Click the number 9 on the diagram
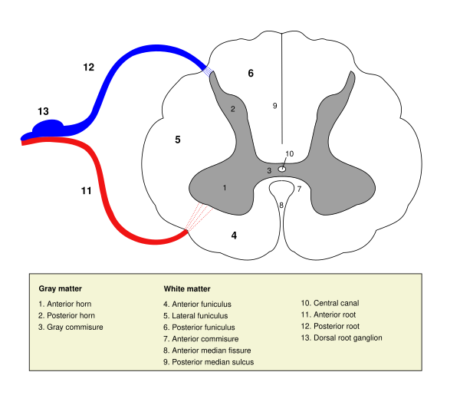point(274,106)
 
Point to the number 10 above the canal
point(289,153)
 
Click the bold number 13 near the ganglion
point(43,111)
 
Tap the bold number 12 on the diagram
point(88,67)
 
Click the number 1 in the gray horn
point(225,187)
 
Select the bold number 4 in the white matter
point(234,235)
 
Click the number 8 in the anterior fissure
point(281,205)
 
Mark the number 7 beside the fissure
point(299,189)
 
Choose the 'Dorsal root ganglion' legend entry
point(341,337)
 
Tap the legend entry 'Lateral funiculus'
point(197,315)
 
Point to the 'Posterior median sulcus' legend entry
point(209,361)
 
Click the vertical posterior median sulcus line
point(282,77)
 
